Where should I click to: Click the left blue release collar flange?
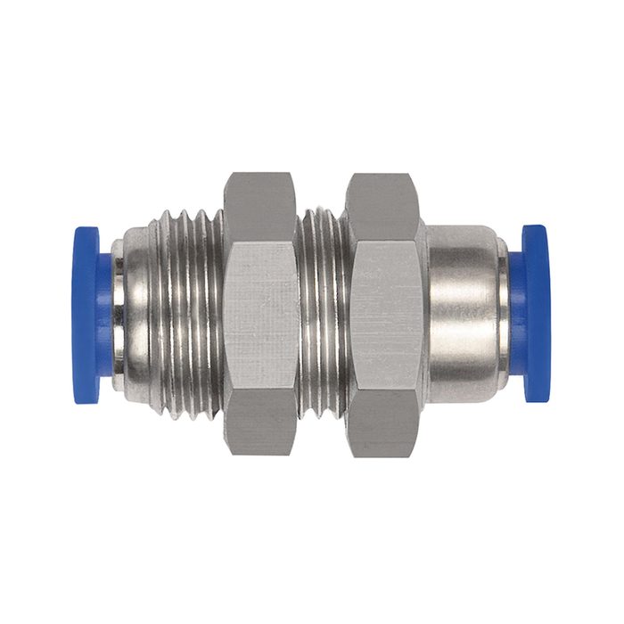85,314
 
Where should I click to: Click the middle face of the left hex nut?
259,314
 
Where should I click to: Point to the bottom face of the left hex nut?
259,424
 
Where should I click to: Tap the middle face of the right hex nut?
382,314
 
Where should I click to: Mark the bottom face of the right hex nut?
382,424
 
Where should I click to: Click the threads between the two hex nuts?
321,314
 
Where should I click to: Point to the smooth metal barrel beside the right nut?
462,314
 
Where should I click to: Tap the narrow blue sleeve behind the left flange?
106,314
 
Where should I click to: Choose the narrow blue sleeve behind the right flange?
517,314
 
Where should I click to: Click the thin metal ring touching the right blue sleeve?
505,314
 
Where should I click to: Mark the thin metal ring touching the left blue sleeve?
118,314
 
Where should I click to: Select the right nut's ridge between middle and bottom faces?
382,389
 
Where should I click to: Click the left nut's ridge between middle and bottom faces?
259,389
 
